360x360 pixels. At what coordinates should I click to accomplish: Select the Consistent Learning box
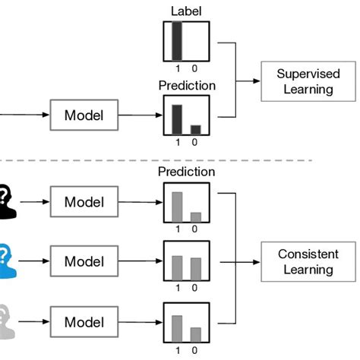tap(308, 261)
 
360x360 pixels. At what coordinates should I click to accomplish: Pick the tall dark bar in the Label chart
tap(177, 41)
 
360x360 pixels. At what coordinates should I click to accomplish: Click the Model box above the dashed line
tap(84, 116)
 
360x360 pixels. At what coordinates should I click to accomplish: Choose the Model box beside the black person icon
tap(84, 202)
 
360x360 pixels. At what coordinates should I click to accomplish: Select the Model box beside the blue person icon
tap(84, 261)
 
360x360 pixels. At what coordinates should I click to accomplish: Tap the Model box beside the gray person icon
tap(84, 321)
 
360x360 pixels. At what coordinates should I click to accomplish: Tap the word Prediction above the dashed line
tap(186, 86)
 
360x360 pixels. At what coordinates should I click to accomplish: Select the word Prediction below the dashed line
tap(186, 172)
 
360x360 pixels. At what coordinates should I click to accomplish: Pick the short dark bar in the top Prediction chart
tap(195, 129)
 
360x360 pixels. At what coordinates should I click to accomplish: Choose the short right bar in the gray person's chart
tap(195, 334)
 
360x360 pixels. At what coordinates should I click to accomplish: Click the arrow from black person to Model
tap(33, 202)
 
